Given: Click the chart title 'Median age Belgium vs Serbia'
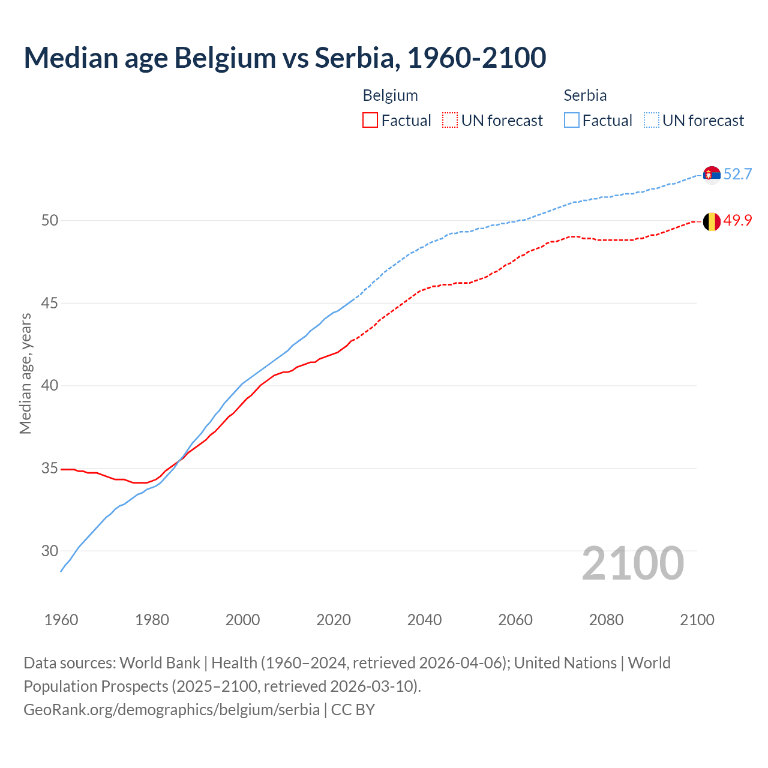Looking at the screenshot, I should tap(284, 58).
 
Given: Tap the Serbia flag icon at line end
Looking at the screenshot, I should tap(712, 175).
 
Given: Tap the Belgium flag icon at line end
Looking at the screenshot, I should tap(712, 221).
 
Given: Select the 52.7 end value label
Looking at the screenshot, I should tap(737, 175).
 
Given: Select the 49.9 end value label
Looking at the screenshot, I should tap(737, 221).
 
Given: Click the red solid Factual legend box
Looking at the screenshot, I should tap(370, 121).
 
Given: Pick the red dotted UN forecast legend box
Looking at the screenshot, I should tap(450, 121).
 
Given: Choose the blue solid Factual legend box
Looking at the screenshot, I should tap(572, 121).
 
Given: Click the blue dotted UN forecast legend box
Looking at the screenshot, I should tap(652, 121).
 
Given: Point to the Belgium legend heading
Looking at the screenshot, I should tap(390, 95).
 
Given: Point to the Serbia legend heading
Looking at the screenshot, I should tap(585, 95).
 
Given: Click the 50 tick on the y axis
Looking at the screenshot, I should tap(50, 221).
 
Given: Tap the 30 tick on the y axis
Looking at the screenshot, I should tap(50, 551).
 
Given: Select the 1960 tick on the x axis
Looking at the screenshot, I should tap(61, 620).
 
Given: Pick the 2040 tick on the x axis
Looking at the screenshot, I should tap(424, 620).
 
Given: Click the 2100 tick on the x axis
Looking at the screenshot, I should tap(697, 620).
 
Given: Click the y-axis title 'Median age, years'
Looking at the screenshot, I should tap(25, 373).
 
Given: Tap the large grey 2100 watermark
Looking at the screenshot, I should tap(632, 563).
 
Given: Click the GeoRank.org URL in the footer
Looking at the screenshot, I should tap(172, 710).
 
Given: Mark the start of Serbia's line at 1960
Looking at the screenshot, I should tap(61, 571).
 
